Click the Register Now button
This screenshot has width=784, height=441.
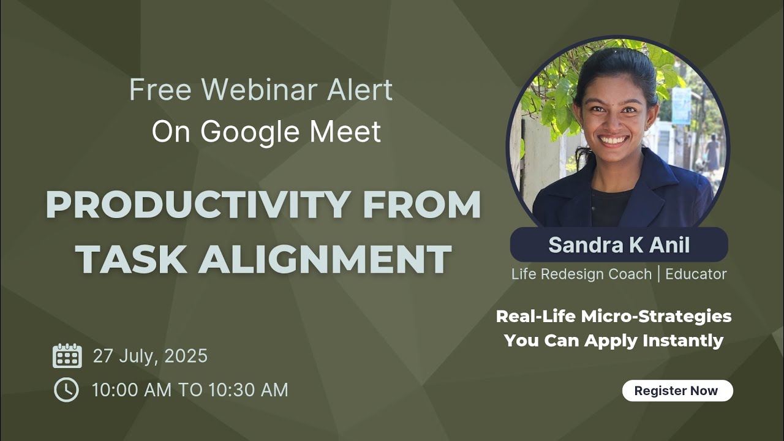tap(677, 391)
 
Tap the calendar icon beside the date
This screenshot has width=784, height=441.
tap(67, 356)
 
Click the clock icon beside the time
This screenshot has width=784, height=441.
tap(66, 390)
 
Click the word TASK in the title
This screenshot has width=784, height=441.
tap(130, 258)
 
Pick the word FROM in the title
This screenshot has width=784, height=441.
tap(421, 206)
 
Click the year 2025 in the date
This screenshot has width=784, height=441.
tap(186, 356)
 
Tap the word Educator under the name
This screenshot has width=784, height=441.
tap(696, 274)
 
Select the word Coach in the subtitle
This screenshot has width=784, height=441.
tap(630, 274)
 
